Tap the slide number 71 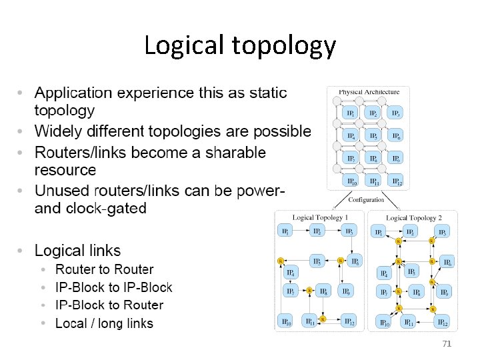(447, 343)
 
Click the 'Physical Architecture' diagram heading (369, 92)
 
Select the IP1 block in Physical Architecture (350, 113)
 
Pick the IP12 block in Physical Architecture (396, 181)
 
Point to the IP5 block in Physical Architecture (373, 136)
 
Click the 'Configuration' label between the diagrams (366, 199)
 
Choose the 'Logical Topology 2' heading (414, 218)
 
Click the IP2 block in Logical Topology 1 (317, 231)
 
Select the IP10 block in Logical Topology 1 (286, 323)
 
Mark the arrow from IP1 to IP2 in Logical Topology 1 (301, 231)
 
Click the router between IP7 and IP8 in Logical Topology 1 (309, 291)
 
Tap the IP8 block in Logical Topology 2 (415, 292)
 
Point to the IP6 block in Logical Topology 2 (447, 262)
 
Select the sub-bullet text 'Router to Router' (104, 269)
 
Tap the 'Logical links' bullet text (77, 251)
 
